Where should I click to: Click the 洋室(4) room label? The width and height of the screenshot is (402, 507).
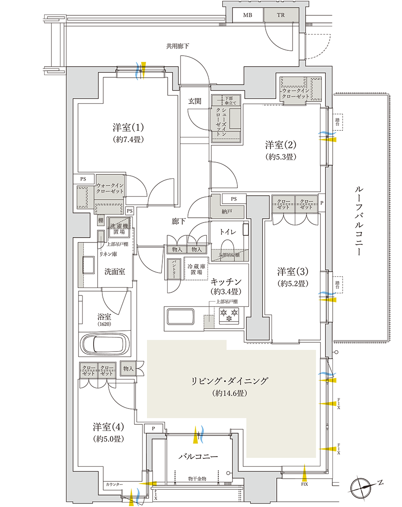tap(108, 427)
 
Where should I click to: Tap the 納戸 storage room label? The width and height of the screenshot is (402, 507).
tap(226, 212)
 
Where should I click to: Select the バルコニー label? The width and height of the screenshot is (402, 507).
tap(197, 457)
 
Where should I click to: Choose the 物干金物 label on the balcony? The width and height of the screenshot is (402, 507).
tap(197, 479)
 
